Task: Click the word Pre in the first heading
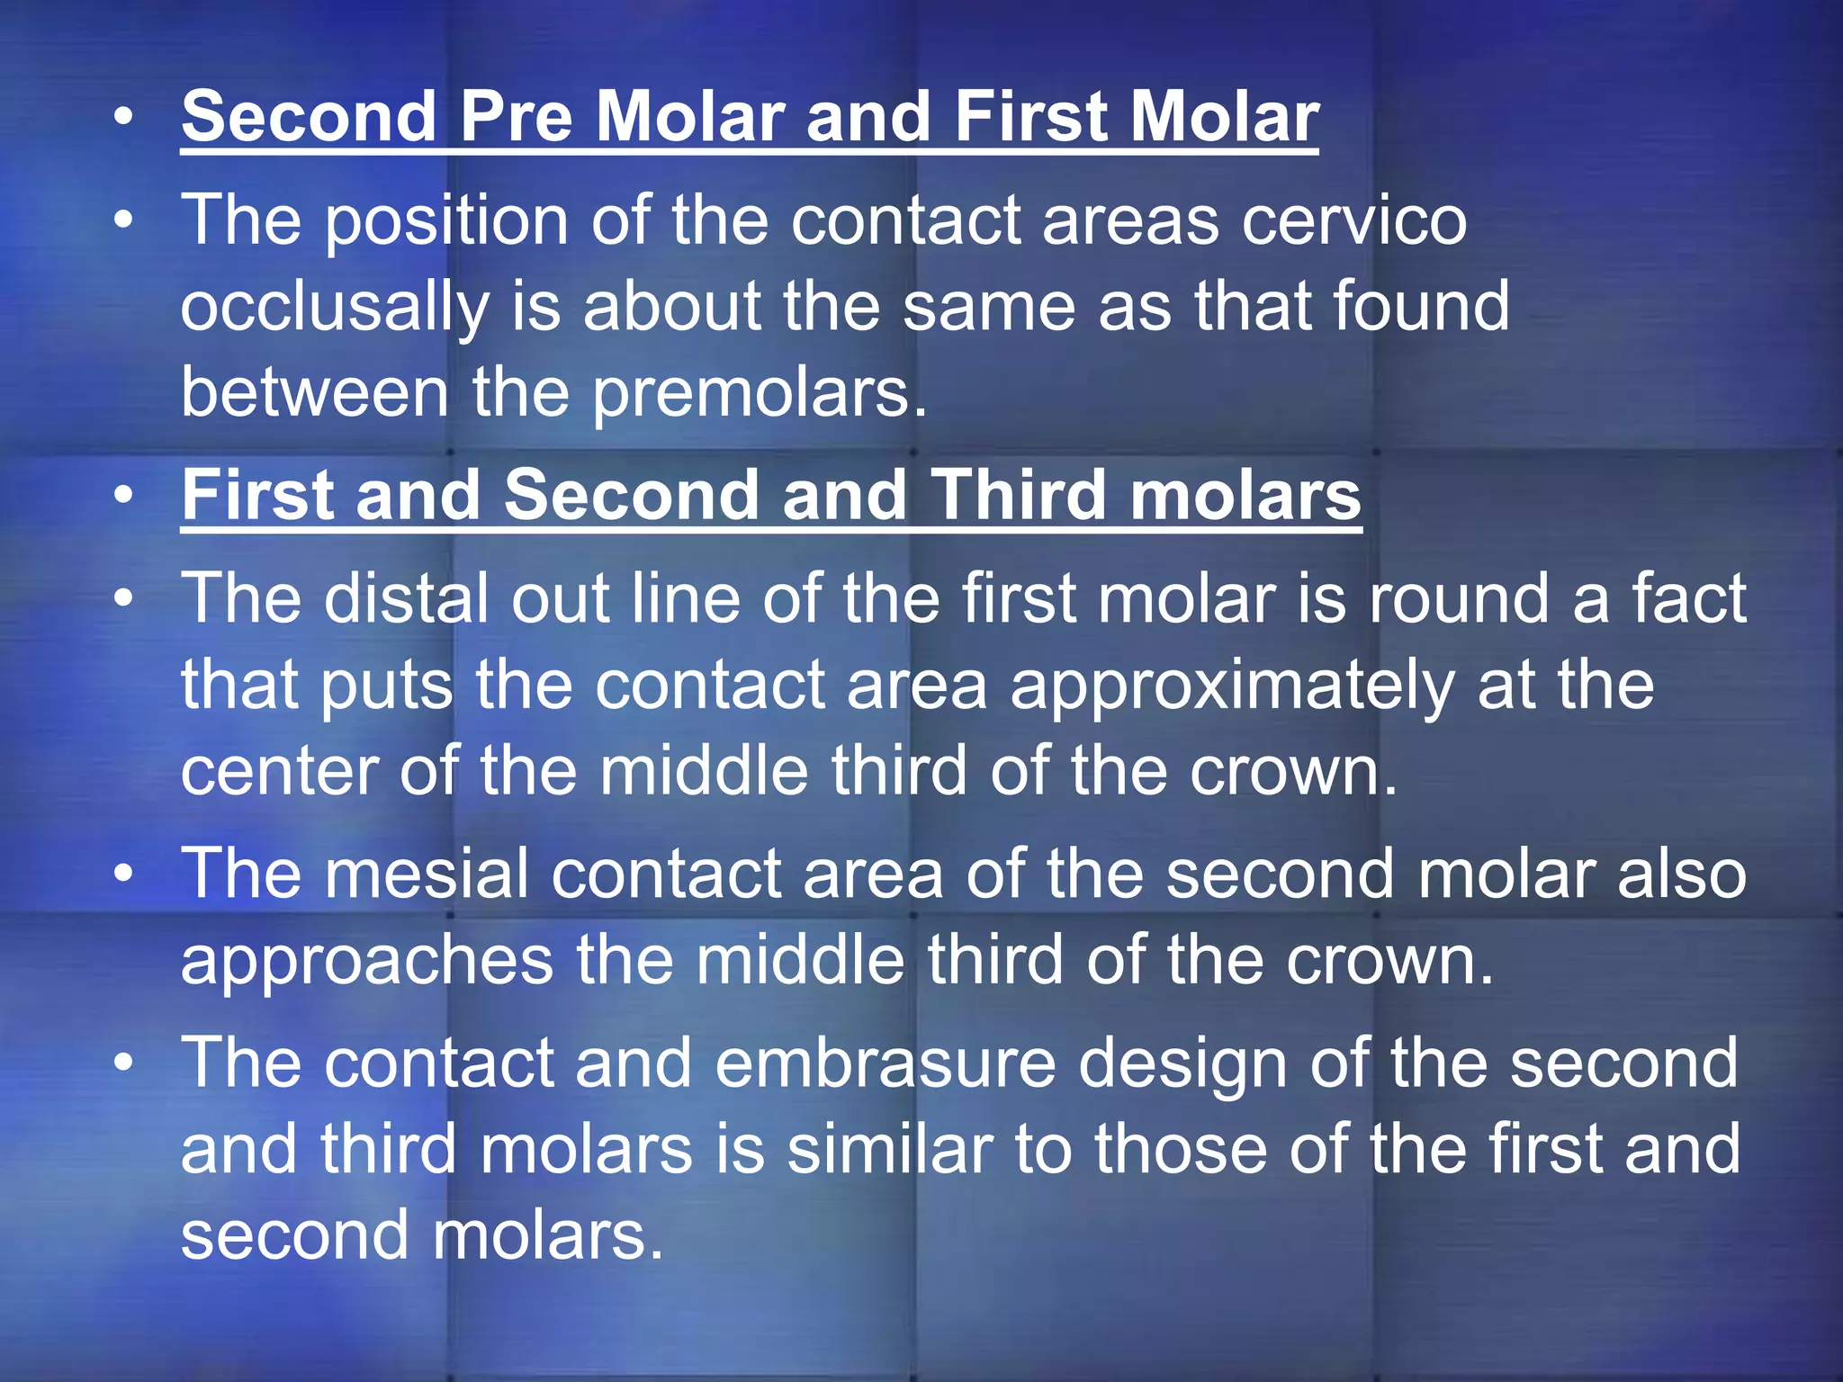(516, 117)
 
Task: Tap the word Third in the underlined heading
(1017, 495)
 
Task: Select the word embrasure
(886, 1063)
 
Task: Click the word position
(446, 221)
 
